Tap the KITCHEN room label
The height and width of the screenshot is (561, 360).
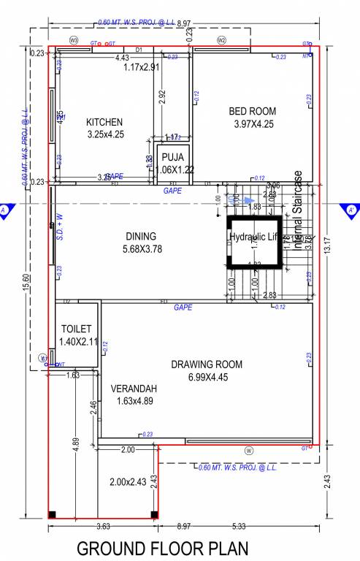point(104,122)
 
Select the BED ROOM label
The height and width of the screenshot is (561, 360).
point(253,111)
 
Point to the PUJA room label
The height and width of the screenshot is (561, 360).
point(172,157)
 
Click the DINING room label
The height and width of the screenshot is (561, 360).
point(141,236)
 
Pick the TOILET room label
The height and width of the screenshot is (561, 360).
point(77,329)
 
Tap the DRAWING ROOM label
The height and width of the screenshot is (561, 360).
point(206,365)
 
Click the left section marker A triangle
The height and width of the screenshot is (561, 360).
point(5,210)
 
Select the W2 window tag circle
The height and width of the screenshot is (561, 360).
point(222,39)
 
